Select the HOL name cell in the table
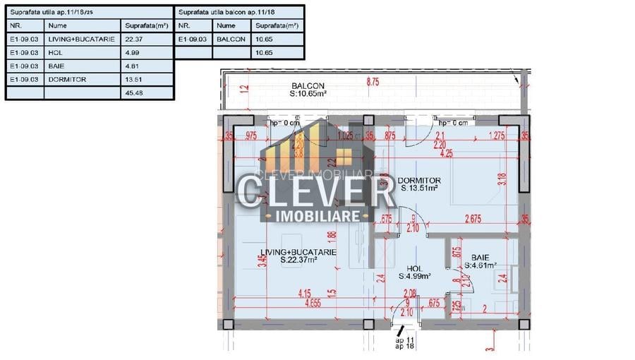[x=55, y=52]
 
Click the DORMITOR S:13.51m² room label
[x=421, y=184]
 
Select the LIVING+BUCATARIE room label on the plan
[x=298, y=256]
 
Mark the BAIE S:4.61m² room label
[x=480, y=262]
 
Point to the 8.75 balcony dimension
[x=373, y=82]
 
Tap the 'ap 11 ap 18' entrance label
[x=404, y=343]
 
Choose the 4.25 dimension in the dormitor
[x=446, y=152]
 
